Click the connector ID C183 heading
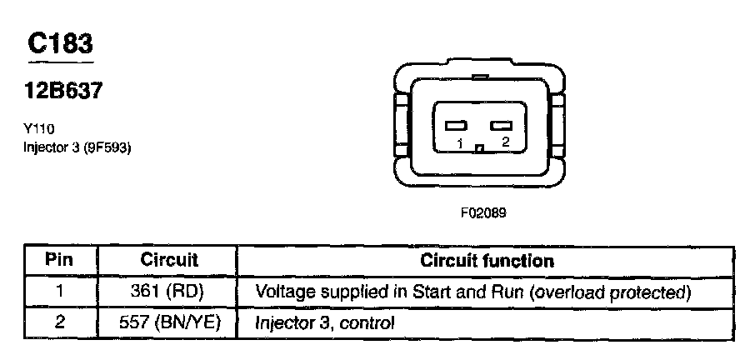click(x=59, y=43)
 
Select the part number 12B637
click(x=63, y=92)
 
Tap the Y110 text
click(x=38, y=129)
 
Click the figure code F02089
click(x=483, y=212)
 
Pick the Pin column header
click(x=59, y=260)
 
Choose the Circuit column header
click(x=169, y=260)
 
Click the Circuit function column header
click(x=487, y=260)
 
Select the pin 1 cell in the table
click(x=59, y=292)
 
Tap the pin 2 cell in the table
click(x=59, y=321)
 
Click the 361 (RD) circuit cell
click(x=169, y=292)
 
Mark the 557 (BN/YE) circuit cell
click(x=169, y=321)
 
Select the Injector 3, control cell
click(x=324, y=321)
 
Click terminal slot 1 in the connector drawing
click(x=455, y=127)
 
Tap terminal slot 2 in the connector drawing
click(x=501, y=127)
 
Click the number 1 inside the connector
click(x=459, y=143)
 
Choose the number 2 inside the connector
click(x=504, y=143)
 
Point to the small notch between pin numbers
click(x=479, y=149)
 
